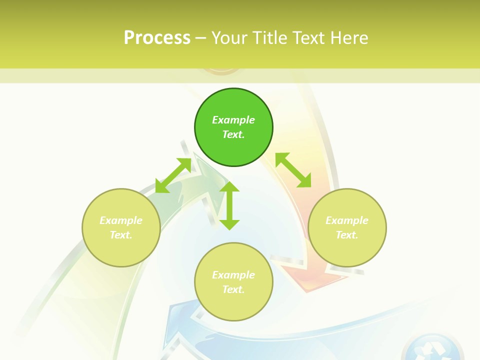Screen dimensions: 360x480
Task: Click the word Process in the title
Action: (x=157, y=38)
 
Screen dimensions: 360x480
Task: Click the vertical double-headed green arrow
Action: (x=229, y=205)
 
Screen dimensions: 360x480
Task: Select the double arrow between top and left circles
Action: (x=173, y=175)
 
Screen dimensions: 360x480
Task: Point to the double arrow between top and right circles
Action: (x=293, y=170)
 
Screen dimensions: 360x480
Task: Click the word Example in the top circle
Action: (x=233, y=120)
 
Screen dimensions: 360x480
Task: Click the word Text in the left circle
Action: (x=121, y=235)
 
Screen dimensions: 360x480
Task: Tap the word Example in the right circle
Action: (x=347, y=220)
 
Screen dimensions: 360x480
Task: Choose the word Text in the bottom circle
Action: (x=233, y=289)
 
